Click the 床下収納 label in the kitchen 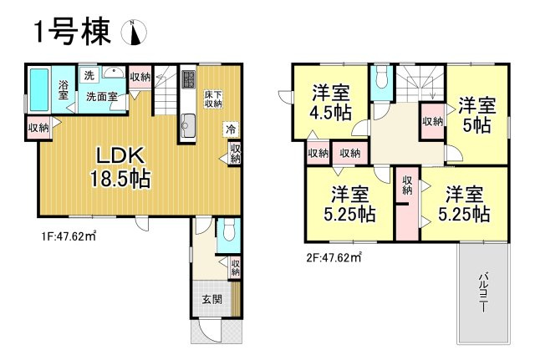coord(213,100)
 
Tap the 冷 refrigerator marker coord(229,129)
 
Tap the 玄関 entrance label coord(211,299)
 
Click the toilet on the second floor coord(381,79)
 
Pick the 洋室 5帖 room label coord(476,115)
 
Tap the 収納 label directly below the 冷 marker coord(235,153)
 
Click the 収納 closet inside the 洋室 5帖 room coord(432,123)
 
